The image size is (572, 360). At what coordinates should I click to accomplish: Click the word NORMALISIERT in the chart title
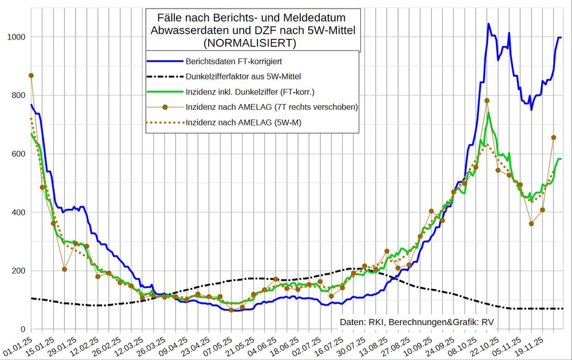(x=252, y=43)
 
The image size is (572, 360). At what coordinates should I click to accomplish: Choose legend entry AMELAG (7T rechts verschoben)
(x=272, y=106)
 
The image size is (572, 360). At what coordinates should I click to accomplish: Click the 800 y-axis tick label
(x=18, y=96)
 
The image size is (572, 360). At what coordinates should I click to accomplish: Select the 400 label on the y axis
(x=18, y=212)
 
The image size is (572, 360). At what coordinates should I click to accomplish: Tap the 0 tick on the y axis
(x=23, y=329)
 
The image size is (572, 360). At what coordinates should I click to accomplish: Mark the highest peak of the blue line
(x=488, y=24)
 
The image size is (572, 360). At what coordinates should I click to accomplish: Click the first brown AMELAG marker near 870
(x=31, y=76)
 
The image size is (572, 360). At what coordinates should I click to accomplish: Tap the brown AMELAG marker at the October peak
(x=487, y=101)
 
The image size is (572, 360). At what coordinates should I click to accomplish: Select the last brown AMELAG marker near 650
(x=553, y=137)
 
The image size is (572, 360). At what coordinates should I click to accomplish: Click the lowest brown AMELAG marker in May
(x=231, y=310)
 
